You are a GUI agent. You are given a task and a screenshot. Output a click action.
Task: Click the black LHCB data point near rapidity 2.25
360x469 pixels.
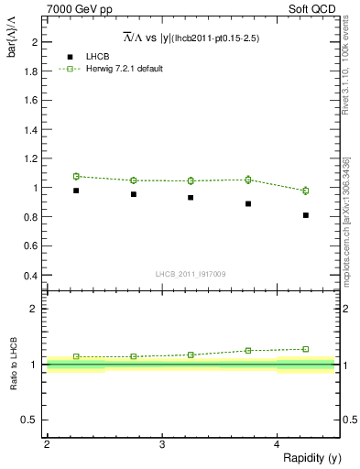tap(76, 191)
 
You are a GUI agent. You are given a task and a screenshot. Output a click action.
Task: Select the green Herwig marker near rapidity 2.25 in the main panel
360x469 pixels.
tap(76, 176)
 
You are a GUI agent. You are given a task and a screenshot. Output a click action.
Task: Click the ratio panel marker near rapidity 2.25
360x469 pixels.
tap(76, 356)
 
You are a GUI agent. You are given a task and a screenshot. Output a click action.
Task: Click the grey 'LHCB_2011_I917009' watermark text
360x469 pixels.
tap(191, 274)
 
